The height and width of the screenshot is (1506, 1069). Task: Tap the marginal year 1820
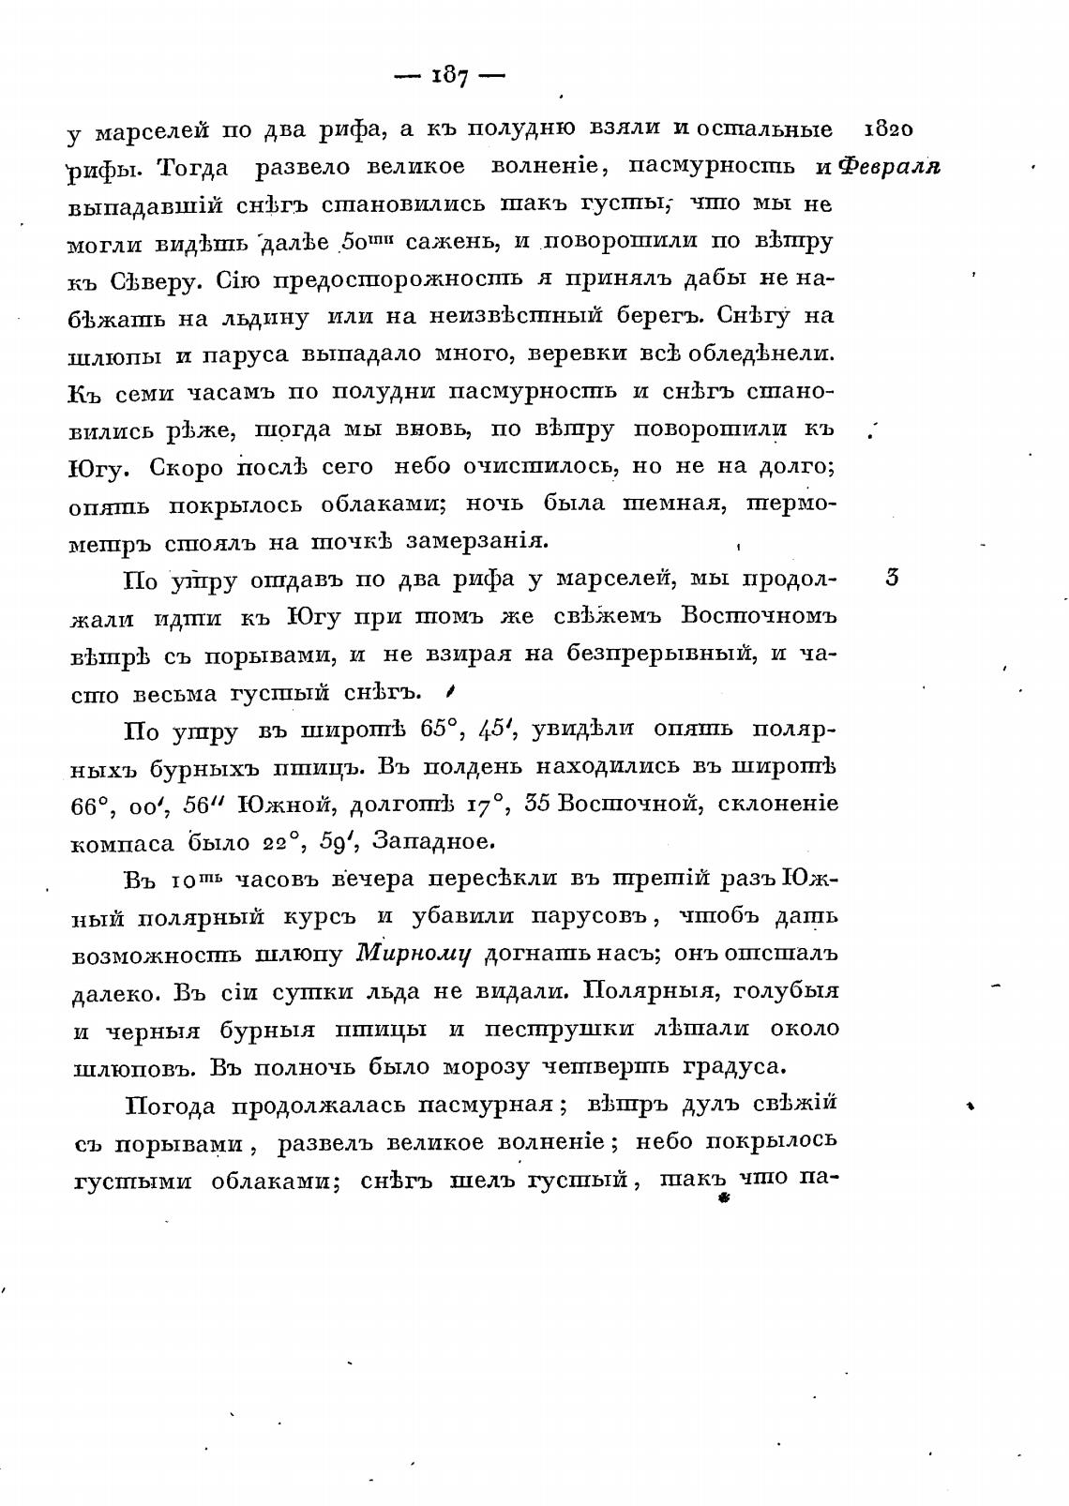click(886, 128)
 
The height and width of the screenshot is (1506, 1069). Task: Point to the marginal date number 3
click(891, 578)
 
